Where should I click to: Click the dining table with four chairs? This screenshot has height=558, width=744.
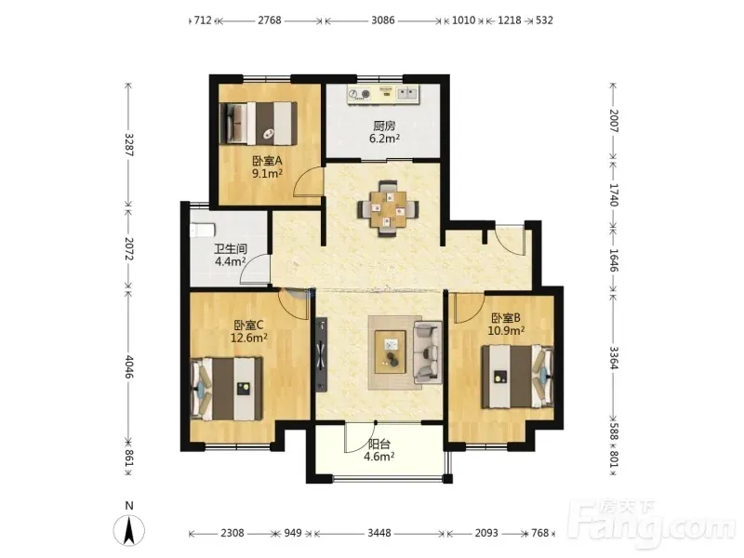(388, 208)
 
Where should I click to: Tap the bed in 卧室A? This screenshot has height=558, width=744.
(259, 124)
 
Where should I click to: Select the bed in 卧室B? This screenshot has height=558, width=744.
(518, 377)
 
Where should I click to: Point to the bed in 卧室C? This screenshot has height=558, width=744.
(226, 389)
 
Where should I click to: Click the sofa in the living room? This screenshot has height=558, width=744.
(428, 352)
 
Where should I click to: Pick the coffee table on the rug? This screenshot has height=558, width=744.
(391, 352)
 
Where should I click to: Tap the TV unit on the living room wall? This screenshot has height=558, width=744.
(322, 355)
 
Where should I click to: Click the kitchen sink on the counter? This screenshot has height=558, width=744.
(407, 94)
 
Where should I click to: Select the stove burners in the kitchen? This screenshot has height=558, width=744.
(359, 95)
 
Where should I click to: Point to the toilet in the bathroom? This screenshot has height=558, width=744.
(202, 230)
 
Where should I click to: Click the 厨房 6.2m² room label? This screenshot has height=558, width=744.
(384, 132)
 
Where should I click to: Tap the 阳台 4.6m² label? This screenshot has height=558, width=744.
(379, 450)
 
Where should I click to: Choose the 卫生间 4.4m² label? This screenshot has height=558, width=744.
(230, 255)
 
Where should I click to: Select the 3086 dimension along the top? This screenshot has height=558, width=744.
(383, 20)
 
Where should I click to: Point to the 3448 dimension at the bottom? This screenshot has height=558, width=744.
(379, 533)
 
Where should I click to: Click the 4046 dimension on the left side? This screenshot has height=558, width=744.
(128, 366)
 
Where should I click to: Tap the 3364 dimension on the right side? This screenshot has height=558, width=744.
(614, 358)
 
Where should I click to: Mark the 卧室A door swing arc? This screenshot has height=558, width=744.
(304, 178)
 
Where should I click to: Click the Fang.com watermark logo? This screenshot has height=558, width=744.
(656, 523)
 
